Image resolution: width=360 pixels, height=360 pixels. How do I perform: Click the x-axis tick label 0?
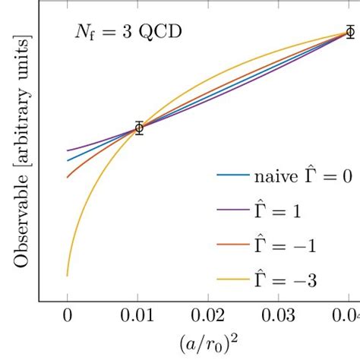[x=68, y=315]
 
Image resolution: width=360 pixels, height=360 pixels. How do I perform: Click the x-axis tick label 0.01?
[x=137, y=315]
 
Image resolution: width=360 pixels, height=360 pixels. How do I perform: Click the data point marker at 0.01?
[x=138, y=128]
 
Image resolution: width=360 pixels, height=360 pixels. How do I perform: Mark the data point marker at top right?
[x=349, y=32]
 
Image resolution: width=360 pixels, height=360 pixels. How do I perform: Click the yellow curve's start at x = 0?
[x=68, y=275]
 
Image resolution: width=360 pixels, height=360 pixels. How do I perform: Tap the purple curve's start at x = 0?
[x=68, y=150]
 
